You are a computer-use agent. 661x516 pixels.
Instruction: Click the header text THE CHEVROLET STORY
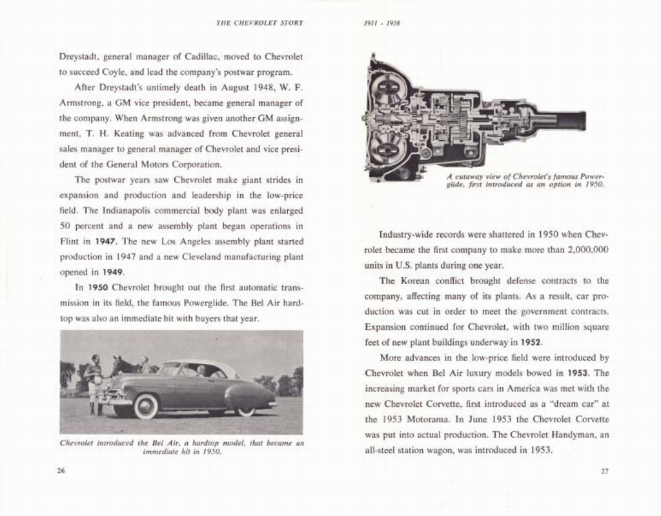coord(259,23)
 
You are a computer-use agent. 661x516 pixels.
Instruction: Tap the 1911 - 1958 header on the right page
coord(381,23)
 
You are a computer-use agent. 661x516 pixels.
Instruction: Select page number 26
coord(61,471)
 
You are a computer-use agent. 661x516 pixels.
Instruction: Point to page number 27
coord(604,471)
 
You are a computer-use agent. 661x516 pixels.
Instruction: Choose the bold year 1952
coord(532,342)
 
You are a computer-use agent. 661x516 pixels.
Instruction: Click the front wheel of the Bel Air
coord(145,407)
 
